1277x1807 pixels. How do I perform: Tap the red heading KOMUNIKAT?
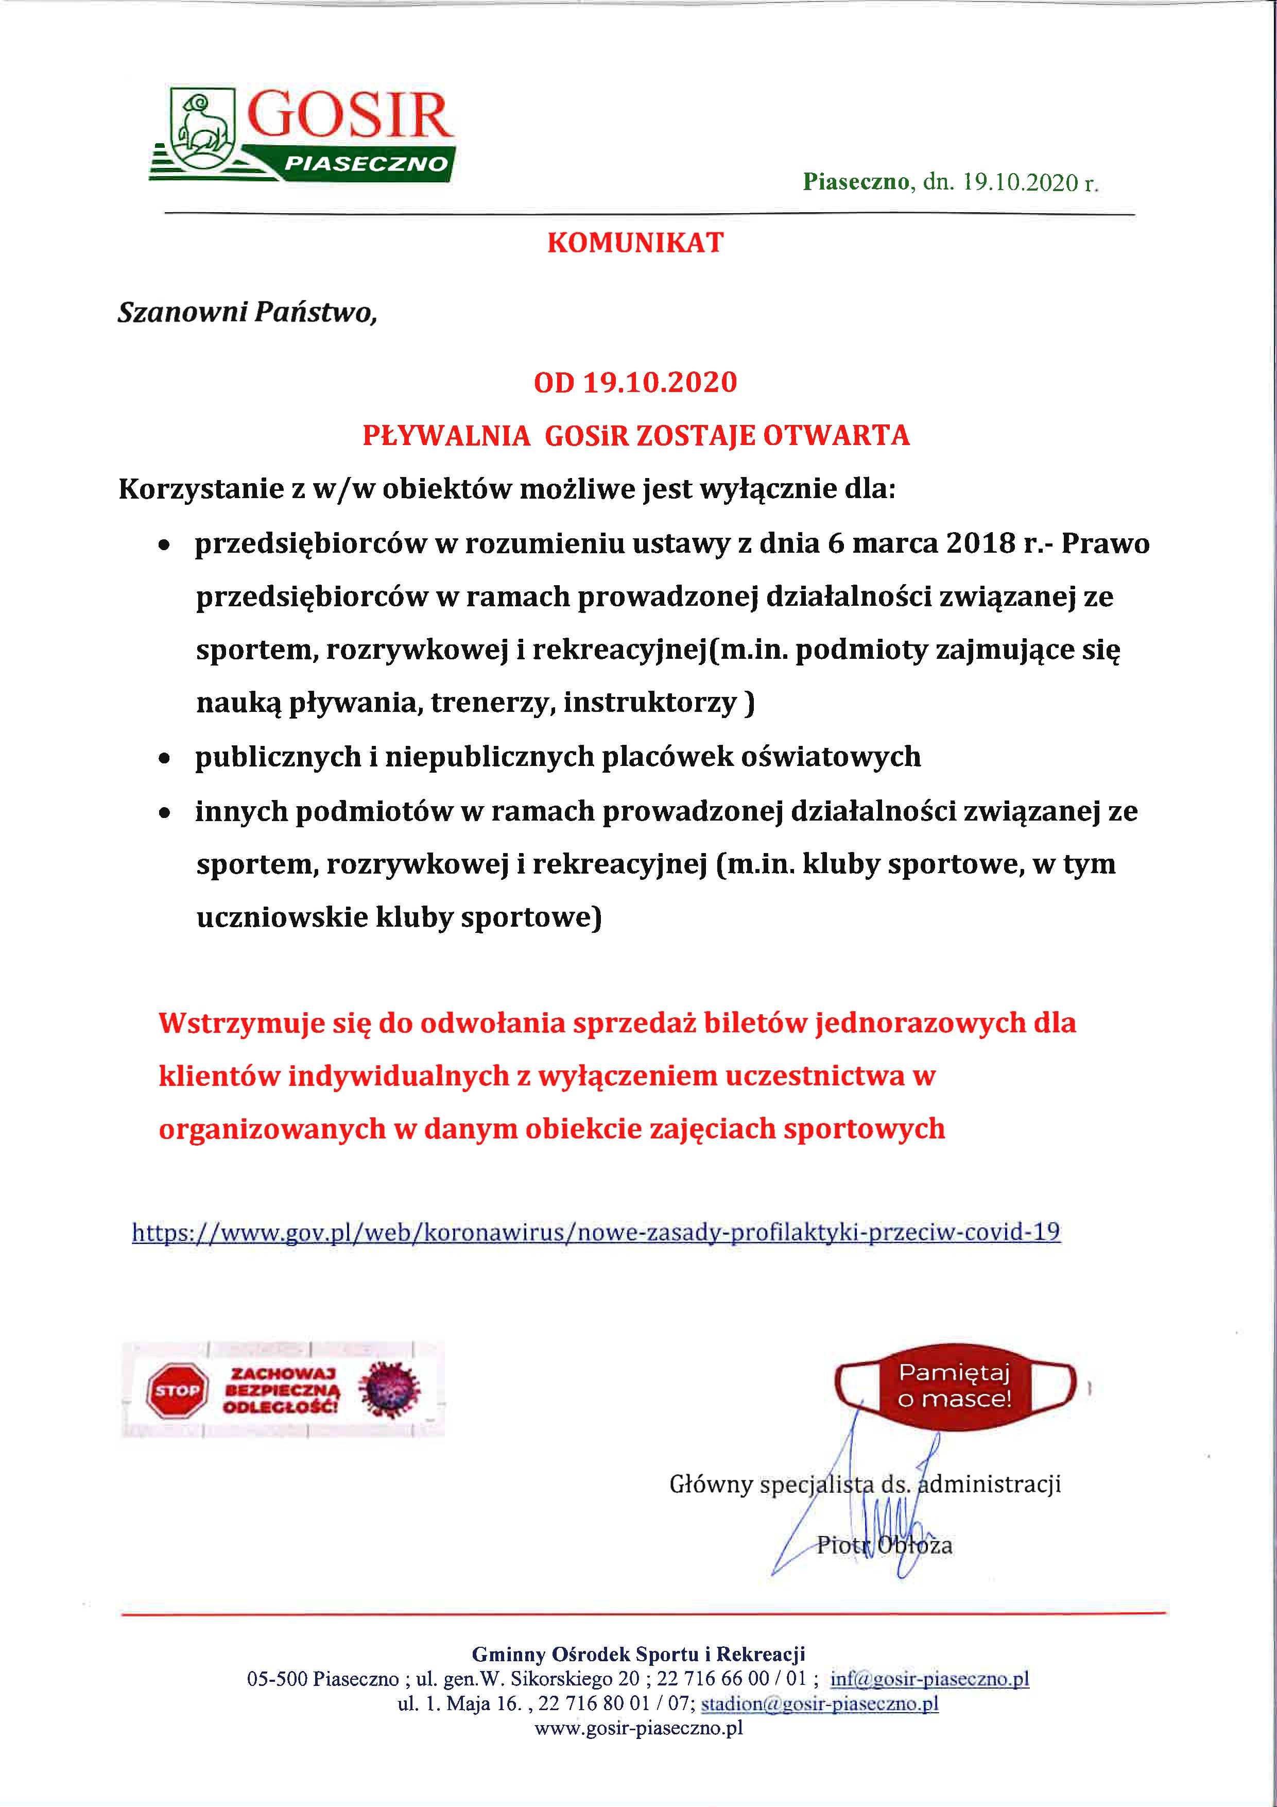point(635,243)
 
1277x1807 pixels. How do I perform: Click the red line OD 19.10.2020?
point(635,383)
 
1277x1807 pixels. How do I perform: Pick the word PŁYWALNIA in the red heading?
point(446,435)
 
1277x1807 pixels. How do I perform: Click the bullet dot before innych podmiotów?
point(164,813)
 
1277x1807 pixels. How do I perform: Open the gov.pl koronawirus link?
point(596,1232)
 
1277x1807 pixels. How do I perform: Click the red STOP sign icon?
point(178,1391)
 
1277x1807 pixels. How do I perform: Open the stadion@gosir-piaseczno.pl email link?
point(819,1704)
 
